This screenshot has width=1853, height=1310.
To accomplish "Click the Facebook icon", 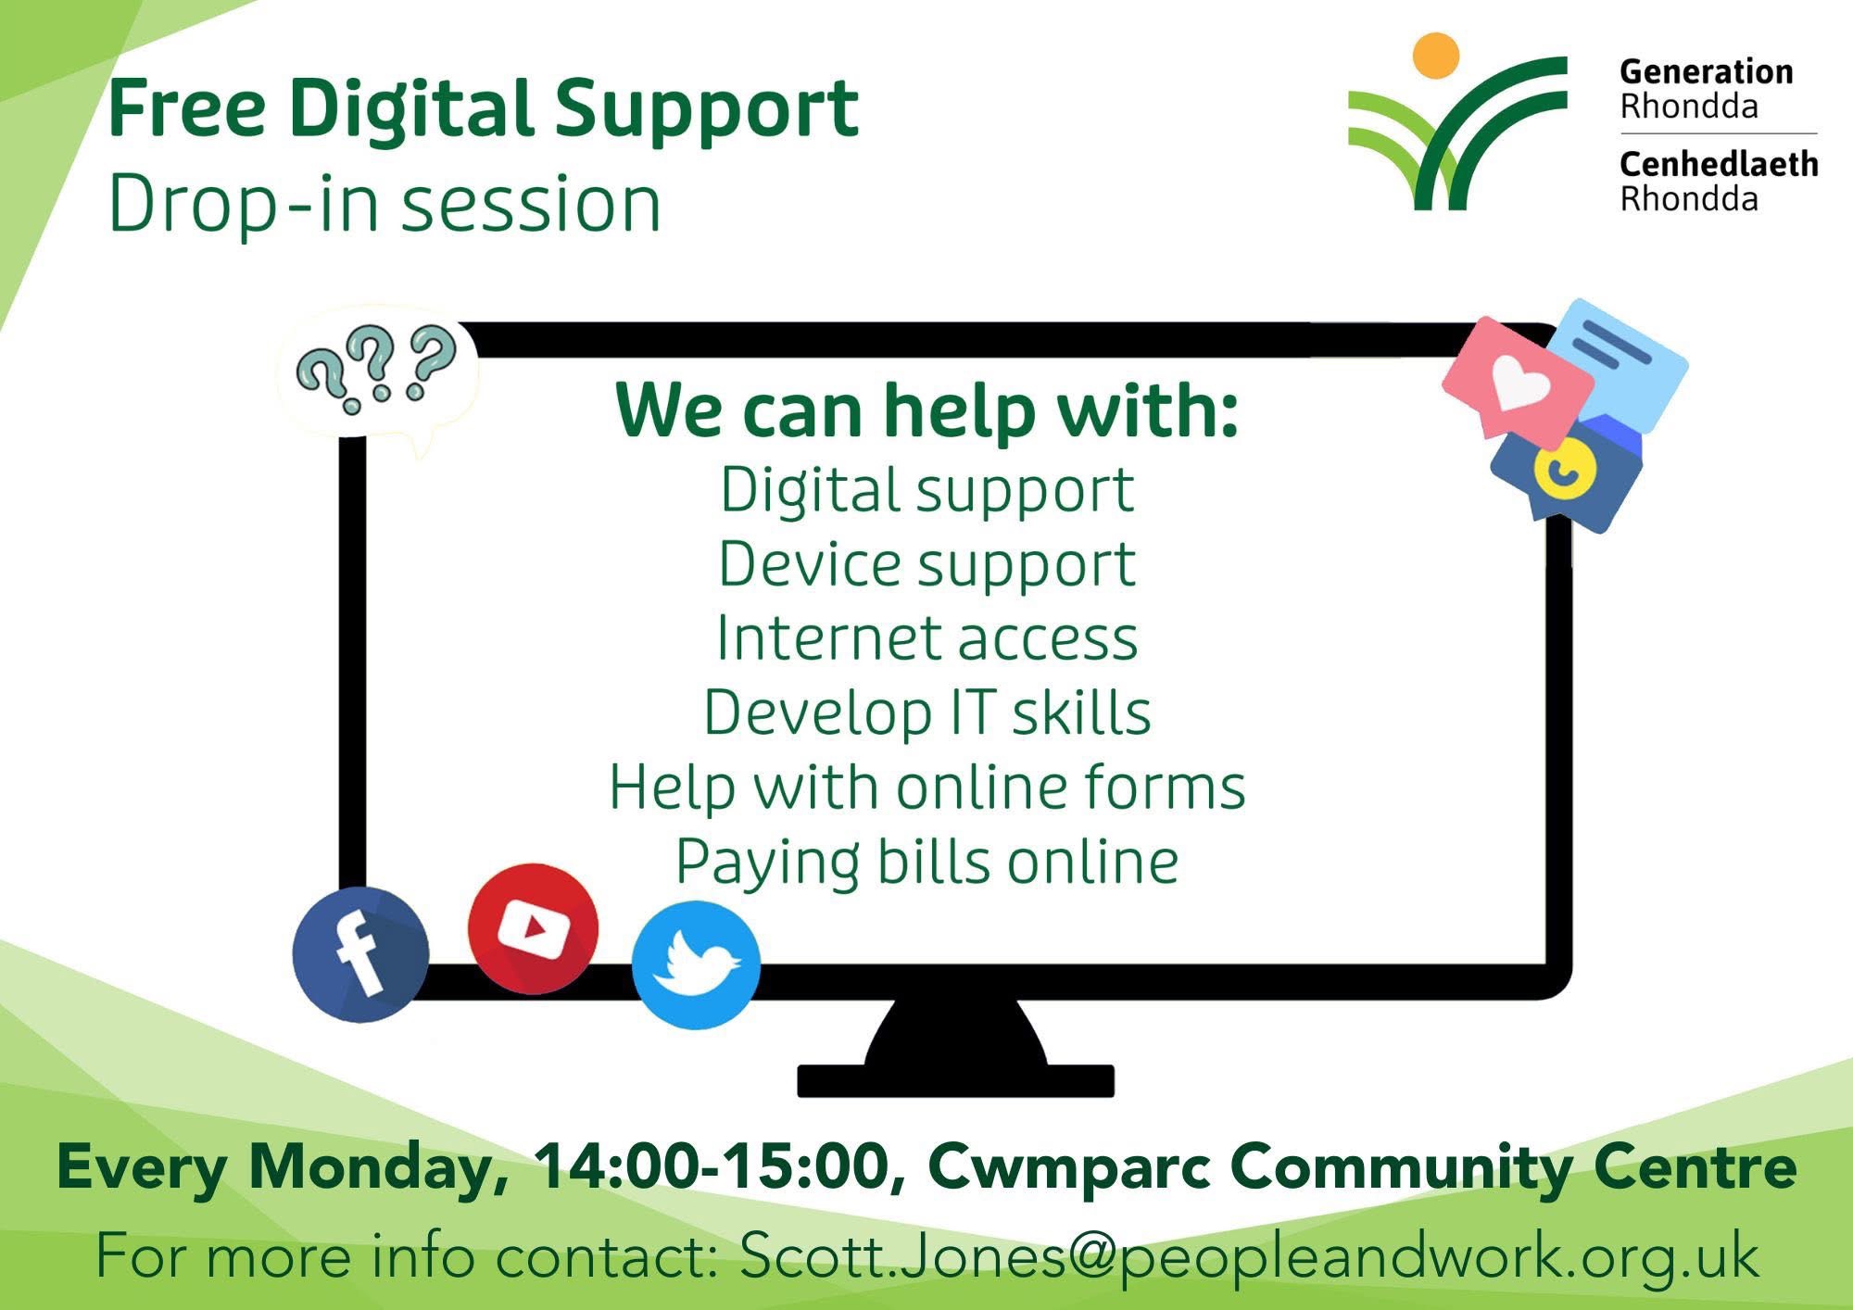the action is [361, 954].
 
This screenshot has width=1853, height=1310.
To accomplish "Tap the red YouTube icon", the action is [533, 928].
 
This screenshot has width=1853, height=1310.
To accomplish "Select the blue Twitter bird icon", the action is [697, 964].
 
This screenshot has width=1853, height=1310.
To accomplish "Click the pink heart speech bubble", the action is [1517, 379].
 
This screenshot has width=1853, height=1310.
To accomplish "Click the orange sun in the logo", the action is [1436, 55].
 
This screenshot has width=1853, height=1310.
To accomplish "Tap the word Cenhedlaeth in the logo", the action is [1719, 164].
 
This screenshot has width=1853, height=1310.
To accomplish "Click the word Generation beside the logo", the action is [1706, 71].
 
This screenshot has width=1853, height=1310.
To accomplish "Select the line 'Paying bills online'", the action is [926, 863].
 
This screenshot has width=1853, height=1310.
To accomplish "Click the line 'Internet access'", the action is [926, 638].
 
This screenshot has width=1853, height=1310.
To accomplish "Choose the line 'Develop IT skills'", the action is [926, 712].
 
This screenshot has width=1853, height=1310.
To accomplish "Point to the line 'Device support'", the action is [926, 564].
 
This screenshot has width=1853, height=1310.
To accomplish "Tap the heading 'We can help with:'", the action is [926, 410].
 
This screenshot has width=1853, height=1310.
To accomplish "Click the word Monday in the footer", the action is [378, 1167].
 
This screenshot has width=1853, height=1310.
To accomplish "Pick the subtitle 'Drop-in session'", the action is [384, 203].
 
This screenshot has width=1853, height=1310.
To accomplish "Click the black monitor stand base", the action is [955, 1080].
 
